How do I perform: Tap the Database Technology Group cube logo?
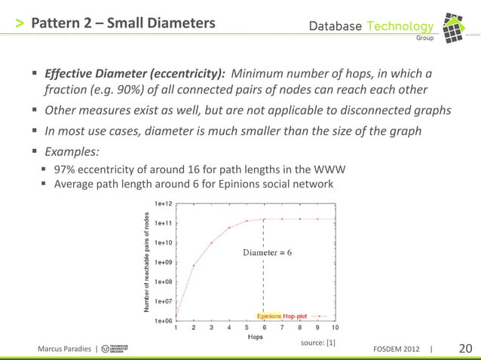[x=457, y=26]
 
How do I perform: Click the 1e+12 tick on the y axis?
[x=164, y=203]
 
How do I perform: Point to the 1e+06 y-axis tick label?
[x=164, y=321]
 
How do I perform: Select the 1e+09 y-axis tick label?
[x=164, y=262]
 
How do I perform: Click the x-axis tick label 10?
[x=335, y=328]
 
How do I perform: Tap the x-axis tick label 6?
[x=264, y=328]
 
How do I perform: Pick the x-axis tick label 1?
[x=176, y=328]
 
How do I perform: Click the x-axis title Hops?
[x=256, y=337]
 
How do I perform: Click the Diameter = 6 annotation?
[x=267, y=252]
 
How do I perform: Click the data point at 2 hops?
[x=194, y=265]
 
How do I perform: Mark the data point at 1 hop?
[x=176, y=316]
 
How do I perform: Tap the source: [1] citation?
[x=317, y=343]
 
